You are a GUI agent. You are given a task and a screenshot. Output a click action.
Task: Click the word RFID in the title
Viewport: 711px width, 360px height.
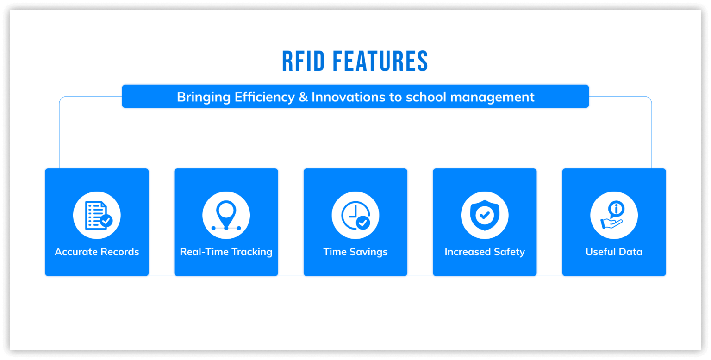coord(304,61)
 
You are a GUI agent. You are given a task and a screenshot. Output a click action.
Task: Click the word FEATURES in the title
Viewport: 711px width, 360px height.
coord(380,61)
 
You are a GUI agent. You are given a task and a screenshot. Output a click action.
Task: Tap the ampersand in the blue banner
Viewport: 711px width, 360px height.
coord(303,97)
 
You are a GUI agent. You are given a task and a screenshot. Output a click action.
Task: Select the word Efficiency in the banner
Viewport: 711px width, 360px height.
coord(265,97)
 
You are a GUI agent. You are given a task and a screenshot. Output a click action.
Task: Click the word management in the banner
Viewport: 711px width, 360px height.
coord(493,97)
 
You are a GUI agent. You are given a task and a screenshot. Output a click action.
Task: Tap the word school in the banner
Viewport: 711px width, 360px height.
coord(426,97)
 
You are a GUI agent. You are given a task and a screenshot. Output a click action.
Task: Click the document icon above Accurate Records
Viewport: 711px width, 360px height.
coord(97,215)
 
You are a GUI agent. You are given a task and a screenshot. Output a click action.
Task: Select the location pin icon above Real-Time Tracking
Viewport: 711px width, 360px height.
coord(226,215)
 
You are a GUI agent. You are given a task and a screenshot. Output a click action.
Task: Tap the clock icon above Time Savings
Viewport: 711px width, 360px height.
coord(355,215)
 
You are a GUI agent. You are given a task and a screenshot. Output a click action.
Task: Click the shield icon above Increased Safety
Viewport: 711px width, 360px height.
coord(485,215)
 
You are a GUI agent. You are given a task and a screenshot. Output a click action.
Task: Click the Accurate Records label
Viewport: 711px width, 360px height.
coord(97,252)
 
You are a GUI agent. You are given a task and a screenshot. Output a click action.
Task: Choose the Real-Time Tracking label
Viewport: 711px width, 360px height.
coord(226,252)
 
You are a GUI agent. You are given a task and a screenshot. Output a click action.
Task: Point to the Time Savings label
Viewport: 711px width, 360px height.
coord(355,252)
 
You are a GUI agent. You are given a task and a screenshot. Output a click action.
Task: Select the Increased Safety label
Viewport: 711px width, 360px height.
coord(485,252)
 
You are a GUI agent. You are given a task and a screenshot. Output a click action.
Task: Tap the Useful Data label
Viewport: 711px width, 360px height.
coord(614,252)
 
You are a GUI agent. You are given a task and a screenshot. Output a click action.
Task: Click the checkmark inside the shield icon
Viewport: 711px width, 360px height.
coord(485,215)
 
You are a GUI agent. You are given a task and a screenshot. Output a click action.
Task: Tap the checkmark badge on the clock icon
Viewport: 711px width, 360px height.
coord(363,223)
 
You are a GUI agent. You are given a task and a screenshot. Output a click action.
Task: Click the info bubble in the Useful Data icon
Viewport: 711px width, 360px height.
coord(617,209)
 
